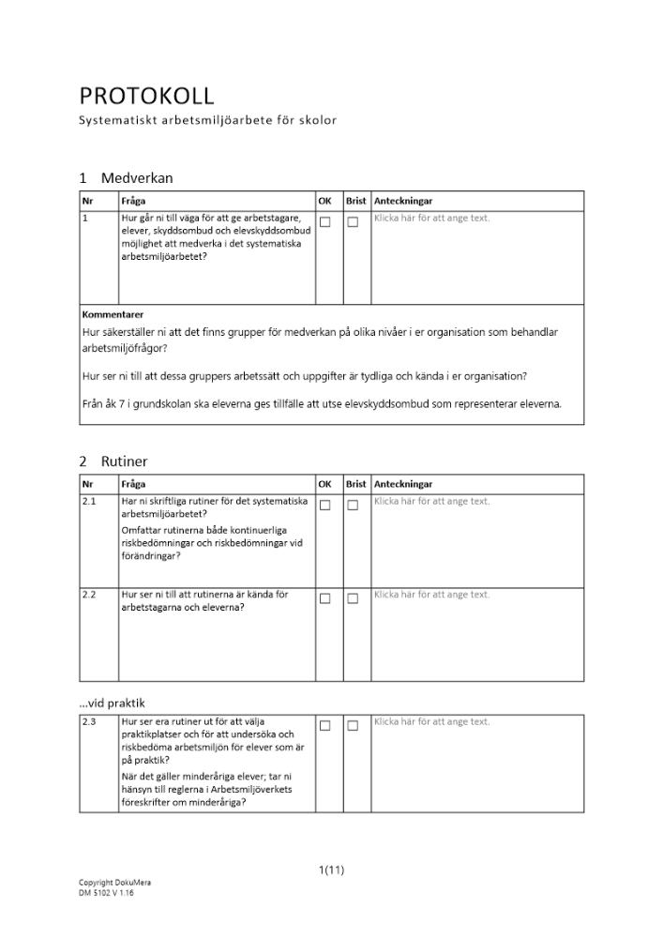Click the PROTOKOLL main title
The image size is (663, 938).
[x=147, y=96]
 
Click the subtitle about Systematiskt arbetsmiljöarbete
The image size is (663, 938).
[x=207, y=121]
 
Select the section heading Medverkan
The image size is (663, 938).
[x=137, y=178]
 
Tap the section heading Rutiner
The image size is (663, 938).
[x=125, y=461]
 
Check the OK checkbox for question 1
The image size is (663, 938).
[x=325, y=222]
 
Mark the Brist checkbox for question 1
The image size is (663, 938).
[x=353, y=222]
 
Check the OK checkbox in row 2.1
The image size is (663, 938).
[x=325, y=506]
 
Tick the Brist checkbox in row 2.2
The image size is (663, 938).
[x=353, y=598]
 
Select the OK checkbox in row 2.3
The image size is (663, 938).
[x=325, y=725]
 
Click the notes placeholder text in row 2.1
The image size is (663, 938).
[x=431, y=501]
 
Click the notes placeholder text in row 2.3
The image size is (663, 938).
[x=431, y=721]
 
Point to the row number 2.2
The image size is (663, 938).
[x=90, y=595]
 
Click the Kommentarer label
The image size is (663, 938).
[x=113, y=314]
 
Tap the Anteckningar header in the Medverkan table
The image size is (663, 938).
[x=403, y=201]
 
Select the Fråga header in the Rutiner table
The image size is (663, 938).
[x=133, y=484]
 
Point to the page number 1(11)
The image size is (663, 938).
[x=331, y=870]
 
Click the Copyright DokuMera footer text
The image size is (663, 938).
[x=114, y=883]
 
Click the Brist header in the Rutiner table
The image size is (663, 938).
[x=356, y=484]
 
